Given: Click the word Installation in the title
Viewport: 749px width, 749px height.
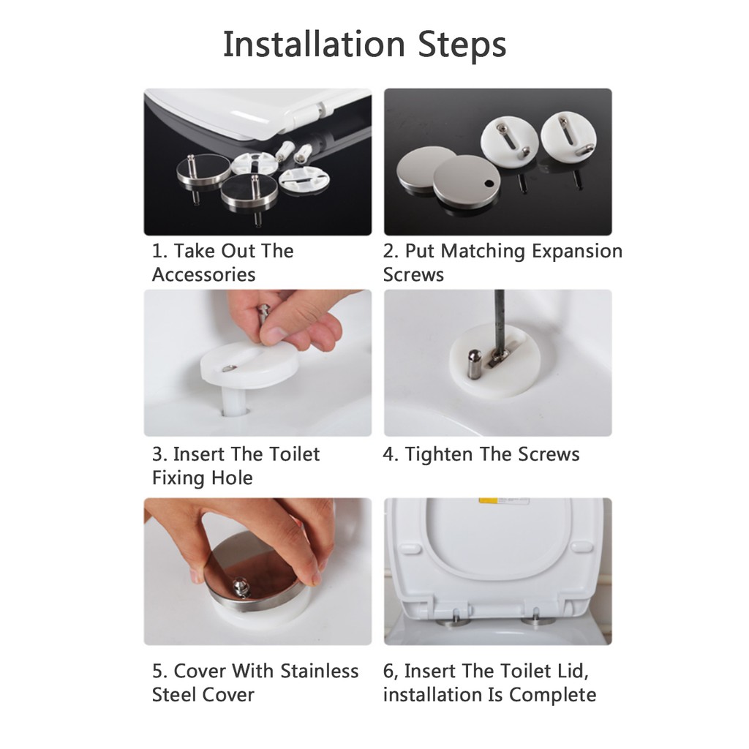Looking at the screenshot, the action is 315,44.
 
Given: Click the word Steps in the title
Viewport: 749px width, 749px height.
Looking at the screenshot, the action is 462,45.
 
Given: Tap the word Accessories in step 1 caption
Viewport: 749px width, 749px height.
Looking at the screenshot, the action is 204,275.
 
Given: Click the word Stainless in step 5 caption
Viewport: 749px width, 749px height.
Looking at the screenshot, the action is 320,671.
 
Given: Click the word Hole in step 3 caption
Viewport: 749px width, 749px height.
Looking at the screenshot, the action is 233,478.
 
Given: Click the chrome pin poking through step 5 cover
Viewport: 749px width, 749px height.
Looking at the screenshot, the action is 240,587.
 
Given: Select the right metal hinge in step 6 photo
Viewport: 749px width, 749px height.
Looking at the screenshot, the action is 538,617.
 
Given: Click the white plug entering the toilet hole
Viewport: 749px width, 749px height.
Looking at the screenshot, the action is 234,399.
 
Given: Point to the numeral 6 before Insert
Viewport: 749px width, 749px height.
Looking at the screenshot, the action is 388,671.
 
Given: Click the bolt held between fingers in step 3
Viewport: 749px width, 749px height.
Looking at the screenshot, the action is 263,316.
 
